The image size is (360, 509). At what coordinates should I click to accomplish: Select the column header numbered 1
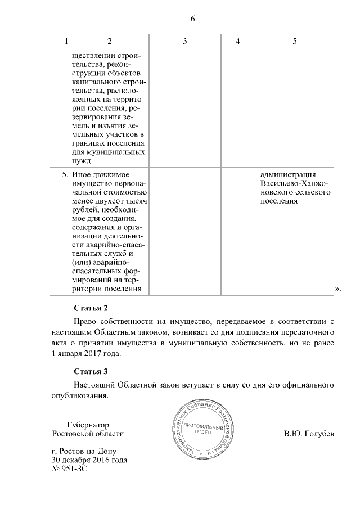(66, 42)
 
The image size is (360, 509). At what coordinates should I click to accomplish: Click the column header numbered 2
(109, 42)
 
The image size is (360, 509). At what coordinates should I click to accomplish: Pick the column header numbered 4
(238, 42)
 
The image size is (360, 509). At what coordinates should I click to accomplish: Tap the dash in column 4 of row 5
(238, 175)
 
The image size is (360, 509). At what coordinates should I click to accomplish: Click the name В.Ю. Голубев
(309, 434)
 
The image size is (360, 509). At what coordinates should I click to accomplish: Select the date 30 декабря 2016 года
(89, 460)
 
